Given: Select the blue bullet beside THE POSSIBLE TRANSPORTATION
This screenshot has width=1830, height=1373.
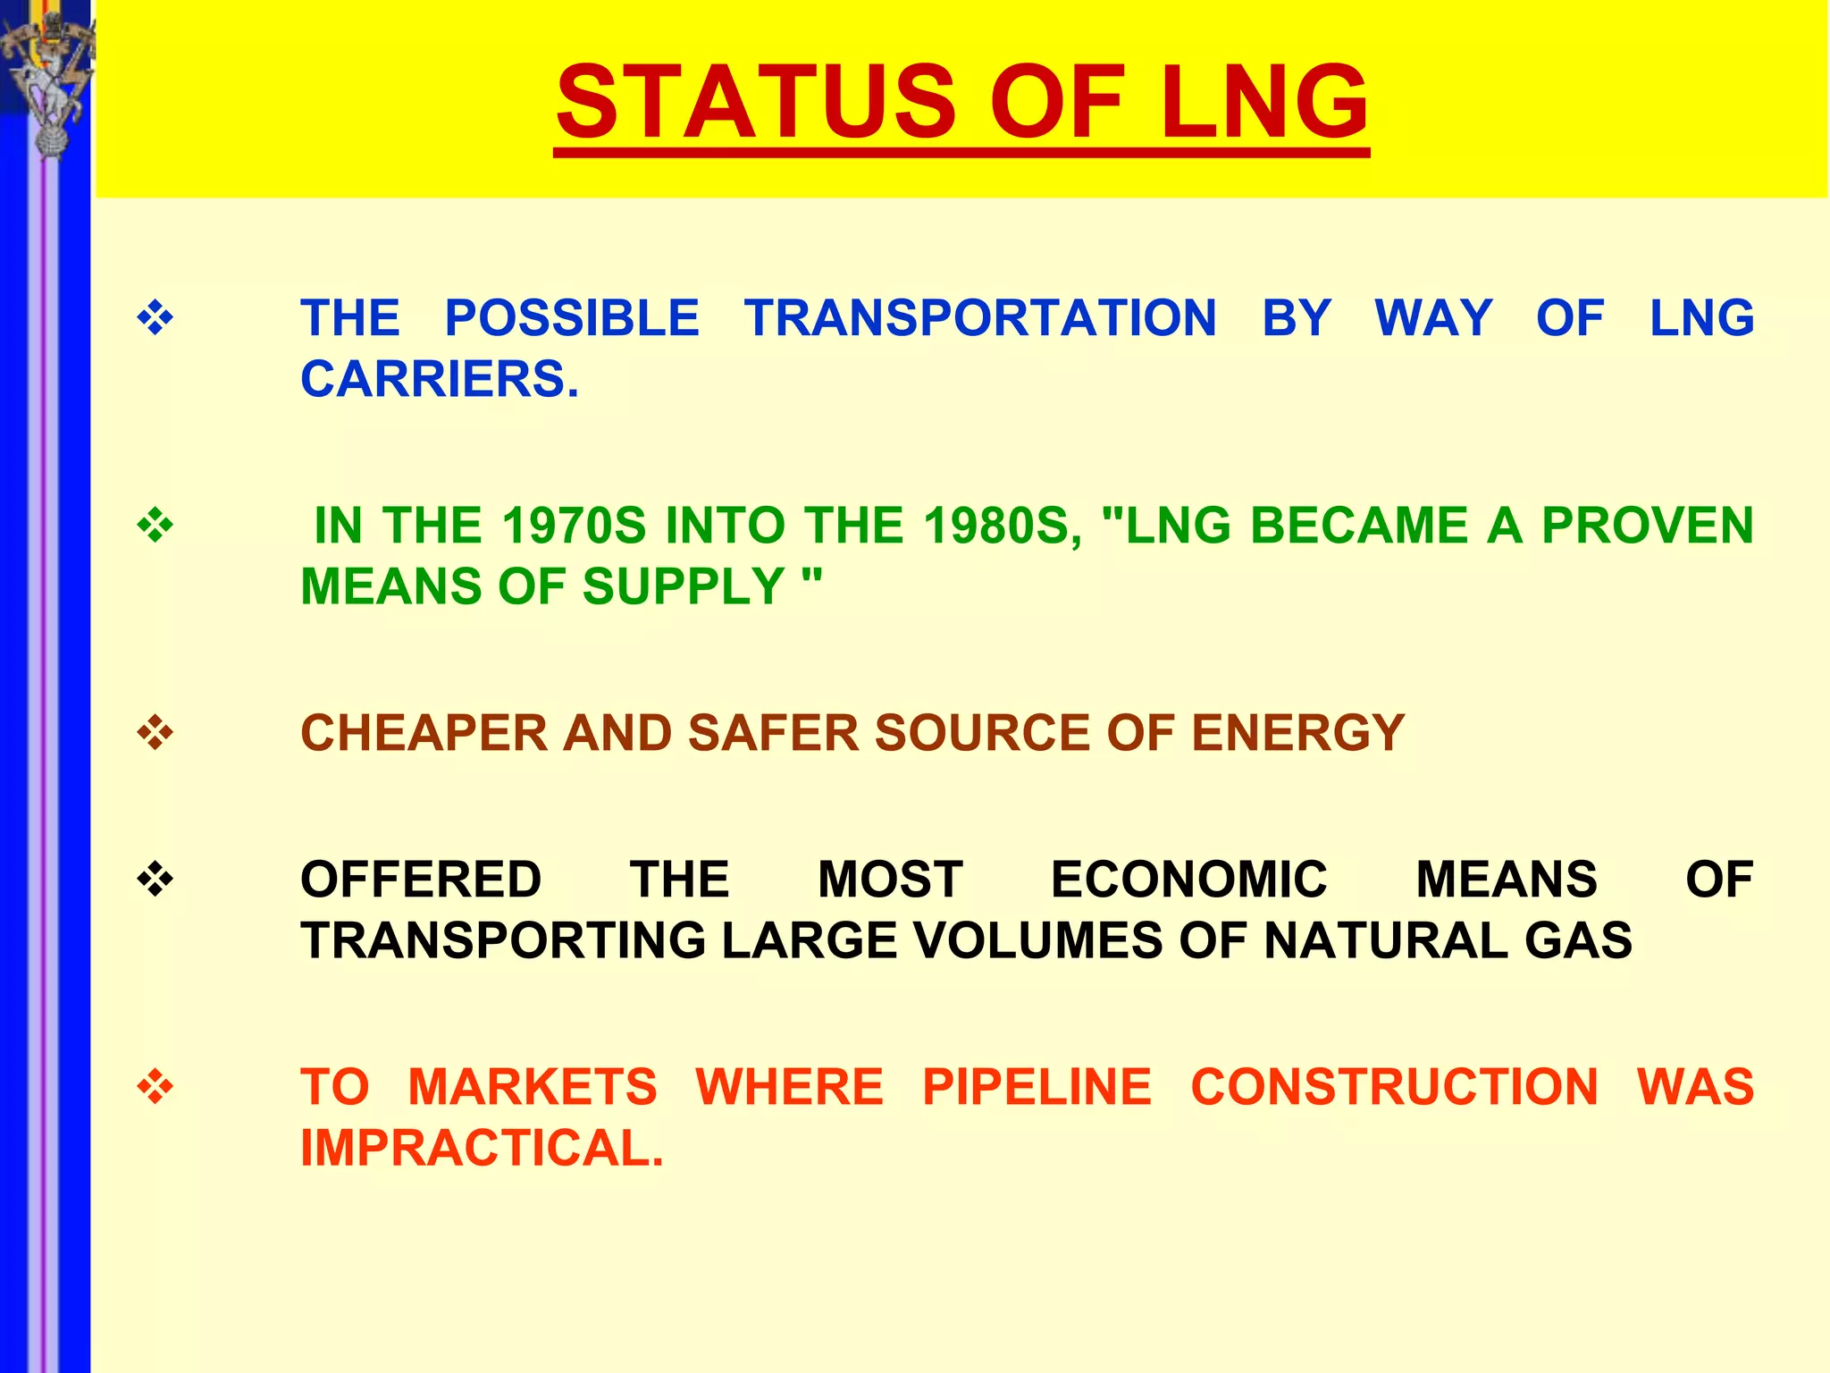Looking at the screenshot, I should point(155,318).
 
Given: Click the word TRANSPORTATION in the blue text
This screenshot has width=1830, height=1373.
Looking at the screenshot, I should point(980,318).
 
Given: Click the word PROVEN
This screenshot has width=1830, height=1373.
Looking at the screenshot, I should point(1648,526).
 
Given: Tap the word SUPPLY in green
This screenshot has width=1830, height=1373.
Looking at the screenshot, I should point(684,586).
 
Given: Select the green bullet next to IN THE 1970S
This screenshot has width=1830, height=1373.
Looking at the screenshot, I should point(155,526).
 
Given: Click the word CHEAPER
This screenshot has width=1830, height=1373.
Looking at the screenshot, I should point(424,733).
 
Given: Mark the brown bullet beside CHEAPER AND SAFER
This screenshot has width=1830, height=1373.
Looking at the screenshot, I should point(155,733).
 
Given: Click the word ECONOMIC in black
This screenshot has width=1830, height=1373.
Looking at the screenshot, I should point(1188,880).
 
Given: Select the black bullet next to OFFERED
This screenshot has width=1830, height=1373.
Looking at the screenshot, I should point(155,880).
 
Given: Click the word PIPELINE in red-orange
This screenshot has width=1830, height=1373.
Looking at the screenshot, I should point(1037,1087).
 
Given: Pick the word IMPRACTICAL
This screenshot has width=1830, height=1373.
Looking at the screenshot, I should point(483,1148).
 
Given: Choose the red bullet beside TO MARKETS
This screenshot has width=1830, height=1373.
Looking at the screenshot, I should point(155,1087).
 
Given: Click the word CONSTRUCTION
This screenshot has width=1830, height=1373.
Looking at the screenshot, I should point(1394,1087).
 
